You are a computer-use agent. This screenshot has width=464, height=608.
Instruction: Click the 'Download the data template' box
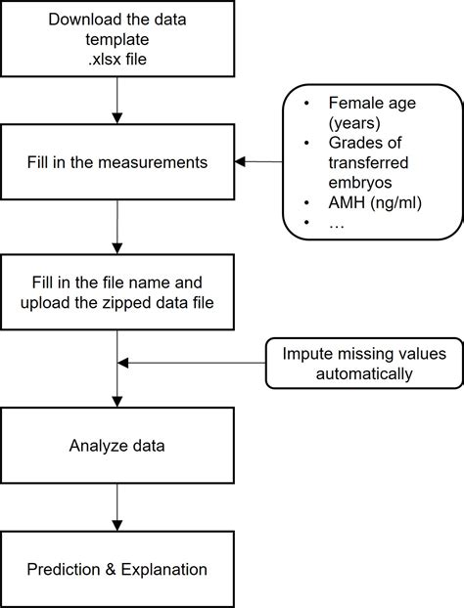[116, 38]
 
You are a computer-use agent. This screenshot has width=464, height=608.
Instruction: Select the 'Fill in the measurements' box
[116, 162]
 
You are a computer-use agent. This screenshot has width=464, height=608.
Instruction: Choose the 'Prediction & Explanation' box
[116, 569]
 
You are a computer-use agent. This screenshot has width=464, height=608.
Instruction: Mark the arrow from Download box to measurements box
[116, 100]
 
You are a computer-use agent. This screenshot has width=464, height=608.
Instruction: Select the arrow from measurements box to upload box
[116, 226]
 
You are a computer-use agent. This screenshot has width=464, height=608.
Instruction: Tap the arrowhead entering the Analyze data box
[116, 402]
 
